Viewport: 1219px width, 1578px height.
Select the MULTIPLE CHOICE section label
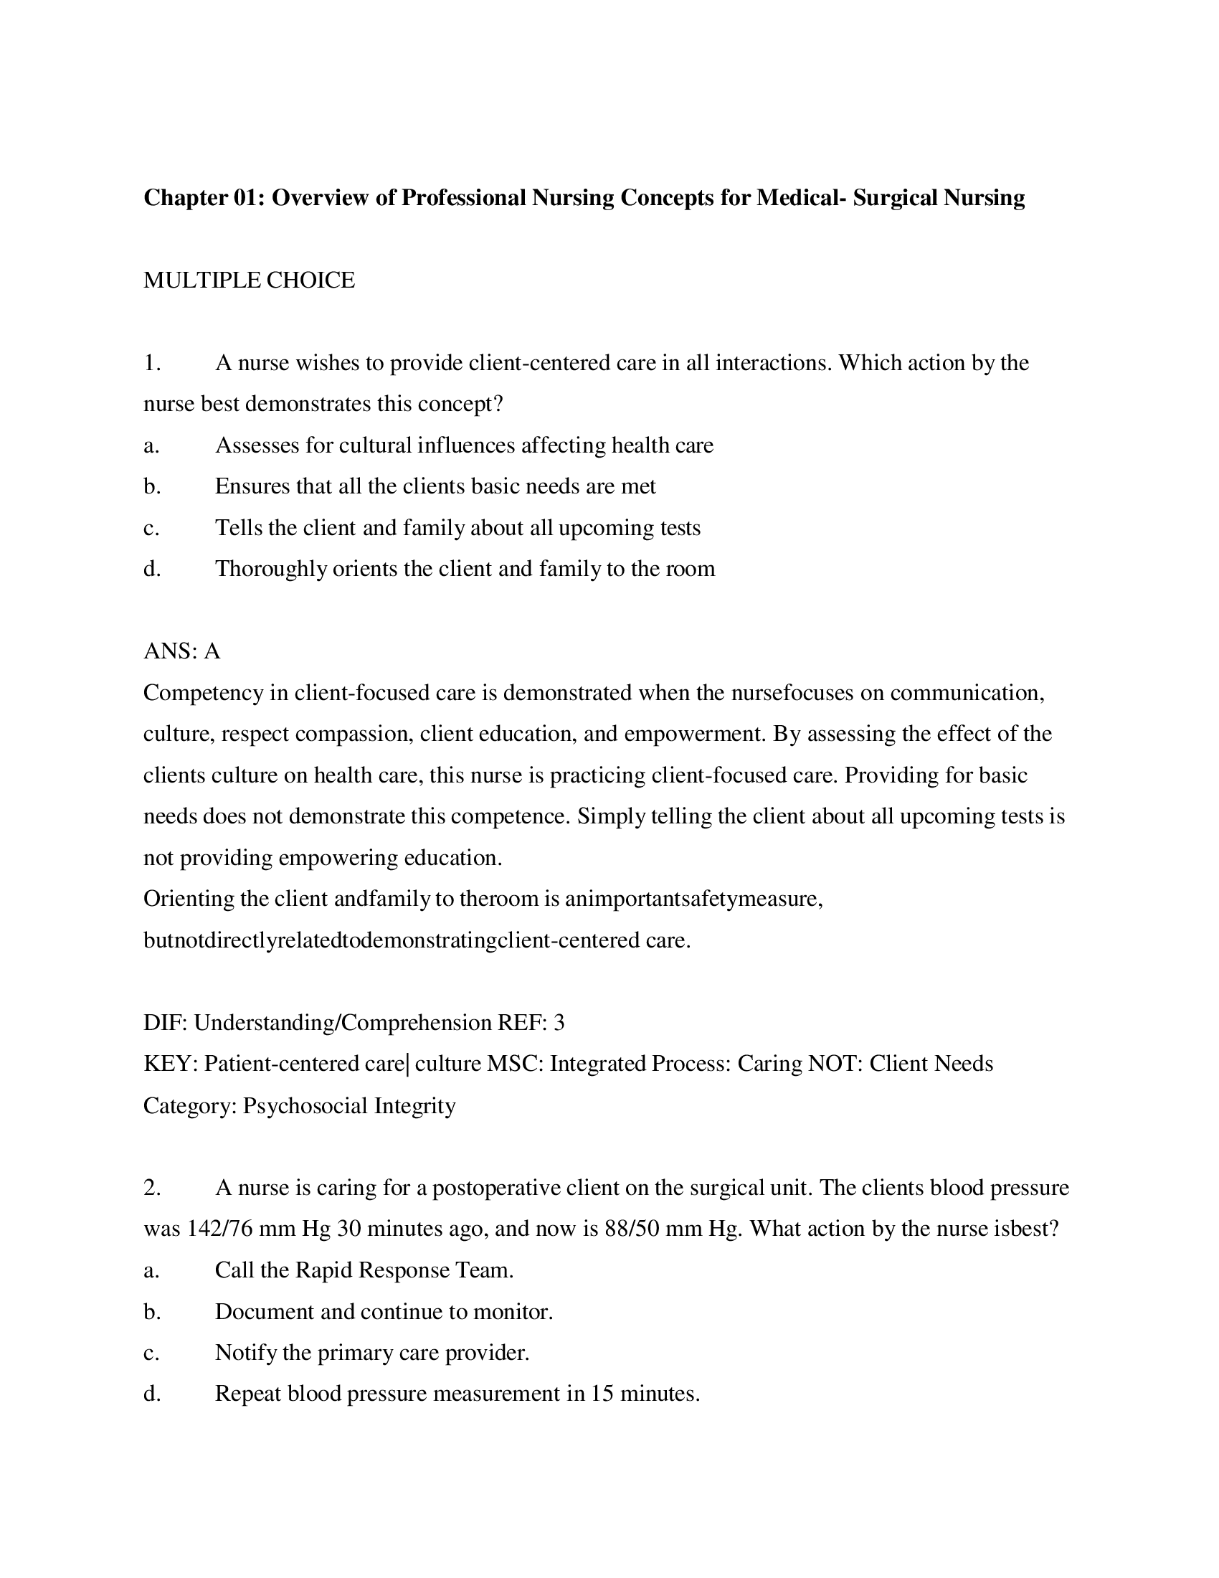point(248,280)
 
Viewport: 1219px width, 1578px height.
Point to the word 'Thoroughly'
point(271,570)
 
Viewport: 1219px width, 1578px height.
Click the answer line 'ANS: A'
point(181,652)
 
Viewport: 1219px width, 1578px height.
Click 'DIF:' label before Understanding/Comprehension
point(166,1023)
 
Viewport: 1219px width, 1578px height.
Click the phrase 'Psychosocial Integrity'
point(348,1106)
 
